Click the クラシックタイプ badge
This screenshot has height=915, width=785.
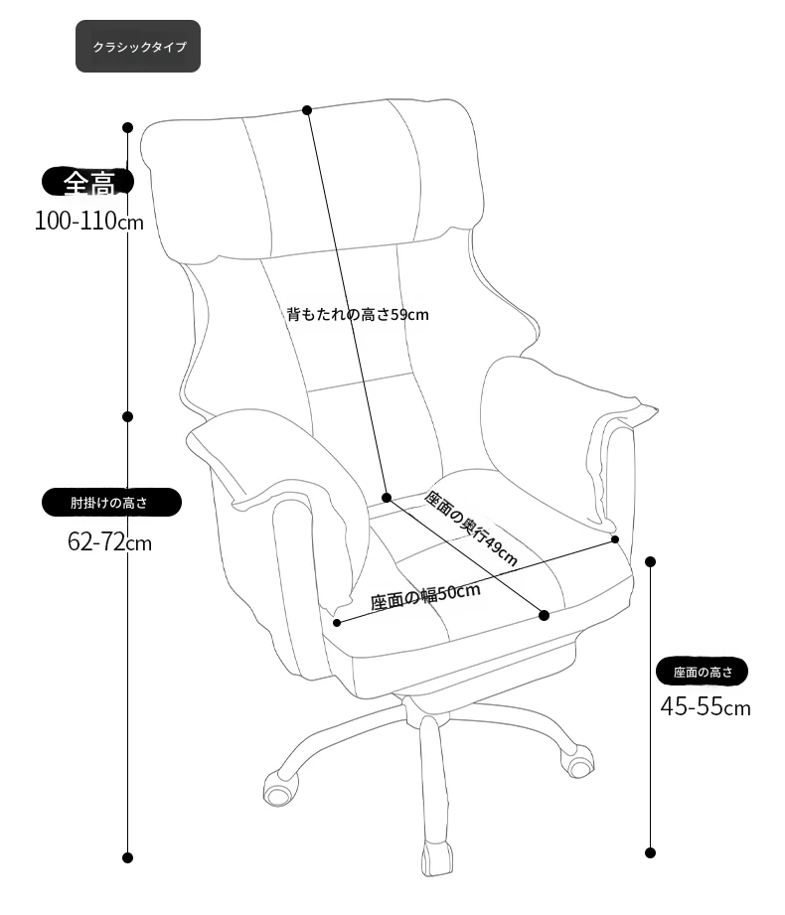click(138, 46)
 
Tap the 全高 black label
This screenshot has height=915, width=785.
click(88, 182)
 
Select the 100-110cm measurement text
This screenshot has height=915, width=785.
click(89, 222)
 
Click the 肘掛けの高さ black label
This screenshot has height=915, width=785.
click(111, 502)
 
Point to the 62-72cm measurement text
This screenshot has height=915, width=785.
click(109, 542)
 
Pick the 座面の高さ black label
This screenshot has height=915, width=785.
click(703, 672)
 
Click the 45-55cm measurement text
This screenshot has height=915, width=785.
click(706, 706)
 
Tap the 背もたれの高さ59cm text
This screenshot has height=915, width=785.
click(358, 315)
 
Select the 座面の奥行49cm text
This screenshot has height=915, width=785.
click(470, 529)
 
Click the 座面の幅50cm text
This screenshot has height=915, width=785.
click(425, 596)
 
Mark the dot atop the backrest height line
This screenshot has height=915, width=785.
click(307, 109)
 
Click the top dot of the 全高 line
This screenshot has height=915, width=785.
click(128, 127)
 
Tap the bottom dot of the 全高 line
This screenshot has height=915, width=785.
click(128, 857)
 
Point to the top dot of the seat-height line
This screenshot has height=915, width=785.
click(651, 561)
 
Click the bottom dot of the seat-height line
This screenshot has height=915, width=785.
click(651, 852)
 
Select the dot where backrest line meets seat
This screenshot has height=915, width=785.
click(387, 497)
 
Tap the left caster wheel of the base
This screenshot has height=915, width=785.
click(278, 789)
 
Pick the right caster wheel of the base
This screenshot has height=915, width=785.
click(577, 762)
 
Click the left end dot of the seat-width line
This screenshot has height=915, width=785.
click(337, 623)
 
